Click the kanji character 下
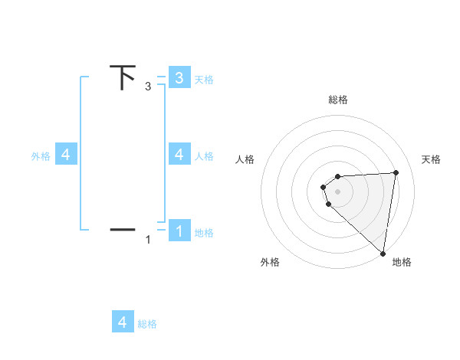coord(123,77)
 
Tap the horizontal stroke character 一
coord(123,228)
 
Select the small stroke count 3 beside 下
coord(148,87)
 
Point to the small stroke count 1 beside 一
coord(148,240)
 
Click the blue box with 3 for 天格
coord(179,77)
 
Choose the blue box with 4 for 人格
coord(179,155)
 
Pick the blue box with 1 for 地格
coord(179,231)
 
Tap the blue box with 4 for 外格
coord(66,155)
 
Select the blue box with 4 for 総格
coord(123,322)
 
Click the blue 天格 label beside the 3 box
coord(204,79)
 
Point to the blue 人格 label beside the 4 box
coord(204,156)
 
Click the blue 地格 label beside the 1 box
coord(204,232)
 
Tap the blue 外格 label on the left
coord(41,156)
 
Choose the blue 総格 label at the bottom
coord(147,324)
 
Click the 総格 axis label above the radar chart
coord(338,100)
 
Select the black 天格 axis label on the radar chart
coord(432,159)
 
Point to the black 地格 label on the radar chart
coord(402,262)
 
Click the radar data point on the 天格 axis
coord(396,173)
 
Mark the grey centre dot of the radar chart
coord(338,191)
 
